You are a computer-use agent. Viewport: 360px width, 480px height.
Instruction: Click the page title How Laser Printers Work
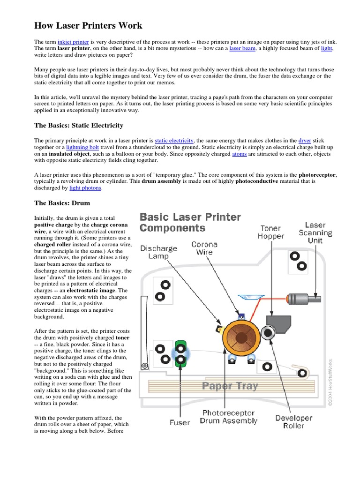coord(88,25)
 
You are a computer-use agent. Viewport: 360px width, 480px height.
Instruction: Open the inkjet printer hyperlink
coord(73,42)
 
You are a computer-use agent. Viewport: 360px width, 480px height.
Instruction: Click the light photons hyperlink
coord(85,188)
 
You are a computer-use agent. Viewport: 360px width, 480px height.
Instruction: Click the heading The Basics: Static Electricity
coord(79,125)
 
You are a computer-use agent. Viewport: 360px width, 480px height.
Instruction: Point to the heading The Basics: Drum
coord(62,203)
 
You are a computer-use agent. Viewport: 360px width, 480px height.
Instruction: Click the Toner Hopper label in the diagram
coord(271,232)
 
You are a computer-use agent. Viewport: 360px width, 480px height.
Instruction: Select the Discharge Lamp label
coord(158,252)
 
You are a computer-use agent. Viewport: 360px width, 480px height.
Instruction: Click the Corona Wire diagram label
coord(204,248)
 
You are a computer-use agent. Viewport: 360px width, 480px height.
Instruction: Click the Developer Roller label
coord(293,421)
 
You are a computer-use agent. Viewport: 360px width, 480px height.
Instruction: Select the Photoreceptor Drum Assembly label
coord(228,417)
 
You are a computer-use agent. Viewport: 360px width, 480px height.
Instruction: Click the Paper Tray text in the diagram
coord(230,386)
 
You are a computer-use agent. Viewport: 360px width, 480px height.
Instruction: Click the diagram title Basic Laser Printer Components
coord(190,223)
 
